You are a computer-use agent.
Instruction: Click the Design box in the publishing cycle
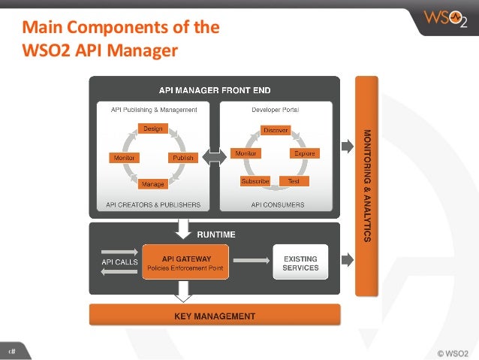(152, 129)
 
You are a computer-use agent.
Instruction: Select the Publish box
(182, 158)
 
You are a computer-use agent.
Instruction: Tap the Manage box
(153, 183)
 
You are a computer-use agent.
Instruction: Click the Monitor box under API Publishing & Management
(122, 158)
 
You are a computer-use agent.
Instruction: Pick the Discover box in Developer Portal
(276, 130)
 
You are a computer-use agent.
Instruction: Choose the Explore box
(304, 153)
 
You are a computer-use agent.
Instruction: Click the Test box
(294, 181)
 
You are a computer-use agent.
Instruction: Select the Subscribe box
(255, 181)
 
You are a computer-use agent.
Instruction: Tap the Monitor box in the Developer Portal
(245, 153)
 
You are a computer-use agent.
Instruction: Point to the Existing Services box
(300, 263)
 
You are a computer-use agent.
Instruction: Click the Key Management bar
(215, 316)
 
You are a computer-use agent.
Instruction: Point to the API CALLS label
(119, 262)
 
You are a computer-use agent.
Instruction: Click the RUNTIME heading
(215, 235)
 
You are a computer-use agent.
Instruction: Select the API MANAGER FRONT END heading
(215, 89)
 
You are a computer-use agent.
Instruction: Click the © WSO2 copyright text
(452, 351)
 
